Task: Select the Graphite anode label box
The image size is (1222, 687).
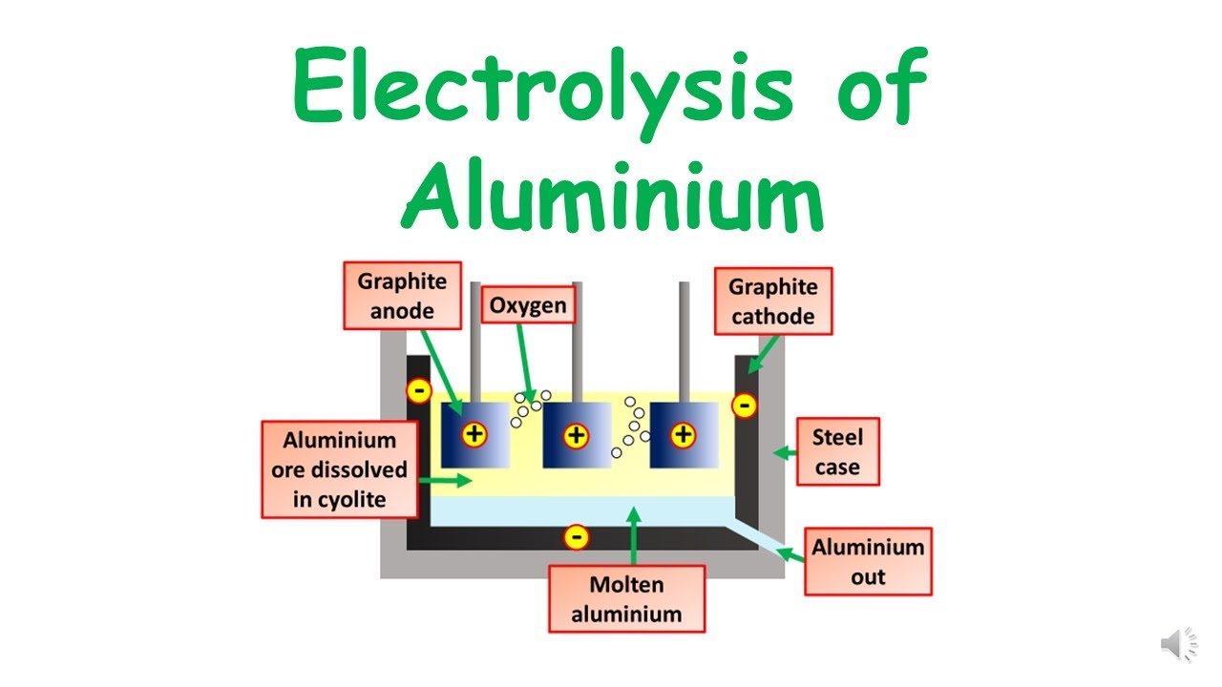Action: point(402,297)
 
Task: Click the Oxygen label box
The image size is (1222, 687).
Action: point(528,305)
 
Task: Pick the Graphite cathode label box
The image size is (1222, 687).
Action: point(773,301)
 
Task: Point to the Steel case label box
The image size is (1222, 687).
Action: point(837,452)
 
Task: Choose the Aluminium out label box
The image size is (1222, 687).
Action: point(868,562)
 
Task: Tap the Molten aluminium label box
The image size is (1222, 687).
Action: point(626,599)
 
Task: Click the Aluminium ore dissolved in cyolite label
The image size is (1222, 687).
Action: point(340,469)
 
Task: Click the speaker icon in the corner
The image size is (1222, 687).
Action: point(1179,646)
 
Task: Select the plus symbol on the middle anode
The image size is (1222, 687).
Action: point(576,436)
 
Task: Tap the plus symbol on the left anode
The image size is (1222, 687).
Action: point(474,435)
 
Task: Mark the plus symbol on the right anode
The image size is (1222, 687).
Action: point(683,436)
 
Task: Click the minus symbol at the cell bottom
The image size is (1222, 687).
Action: point(576,537)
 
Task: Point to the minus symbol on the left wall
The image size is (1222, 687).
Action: point(418,390)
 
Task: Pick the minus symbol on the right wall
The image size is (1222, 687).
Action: point(744,406)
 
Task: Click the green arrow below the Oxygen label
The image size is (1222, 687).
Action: point(524,363)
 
